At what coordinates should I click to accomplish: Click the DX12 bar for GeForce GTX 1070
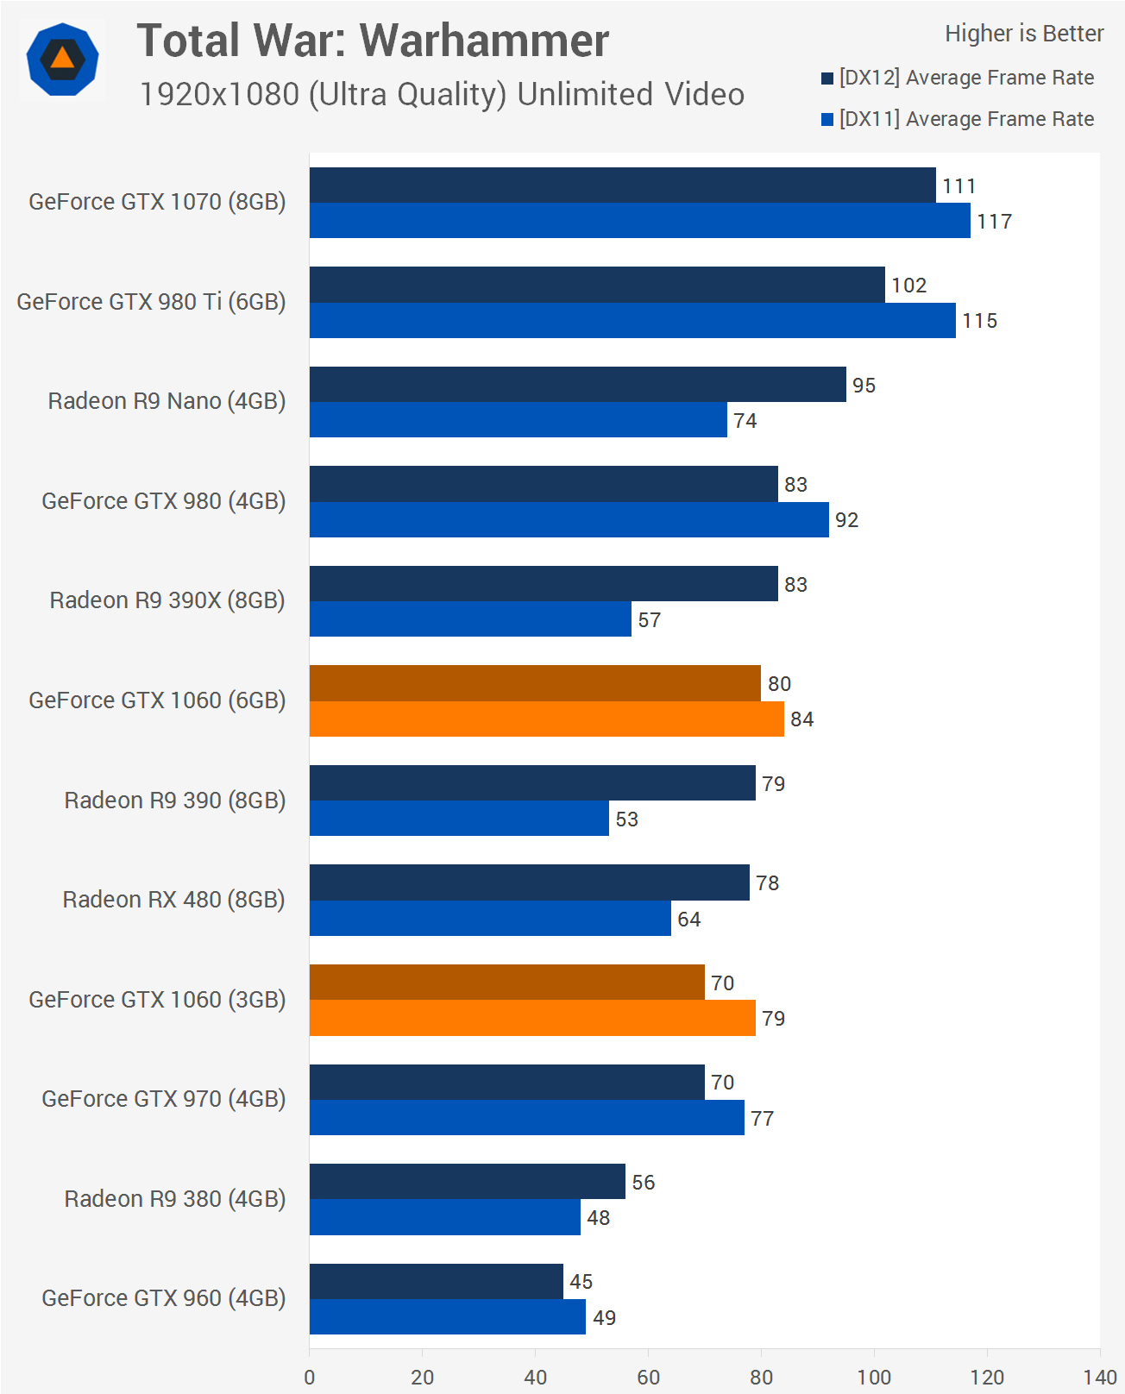622,185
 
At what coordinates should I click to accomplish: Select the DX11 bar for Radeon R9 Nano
518,420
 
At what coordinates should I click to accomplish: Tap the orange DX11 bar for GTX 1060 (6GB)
546,719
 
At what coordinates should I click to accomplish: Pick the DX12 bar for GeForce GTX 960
436,1282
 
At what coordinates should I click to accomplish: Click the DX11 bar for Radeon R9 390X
470,619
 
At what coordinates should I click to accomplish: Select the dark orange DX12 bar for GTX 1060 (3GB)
506,983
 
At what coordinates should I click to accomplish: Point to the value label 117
994,222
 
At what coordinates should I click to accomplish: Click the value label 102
908,286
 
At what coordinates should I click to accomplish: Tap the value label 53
626,819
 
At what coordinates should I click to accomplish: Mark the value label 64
688,920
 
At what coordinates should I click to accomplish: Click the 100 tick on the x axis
874,1377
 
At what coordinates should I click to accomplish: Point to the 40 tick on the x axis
535,1377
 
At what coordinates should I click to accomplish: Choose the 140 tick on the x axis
1100,1377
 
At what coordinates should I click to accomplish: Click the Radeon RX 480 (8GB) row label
173,900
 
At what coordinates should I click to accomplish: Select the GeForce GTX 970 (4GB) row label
163,1099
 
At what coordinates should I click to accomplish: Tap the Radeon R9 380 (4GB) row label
174,1199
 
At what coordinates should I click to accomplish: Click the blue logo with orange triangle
62,60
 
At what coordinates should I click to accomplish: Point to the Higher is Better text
1024,34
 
